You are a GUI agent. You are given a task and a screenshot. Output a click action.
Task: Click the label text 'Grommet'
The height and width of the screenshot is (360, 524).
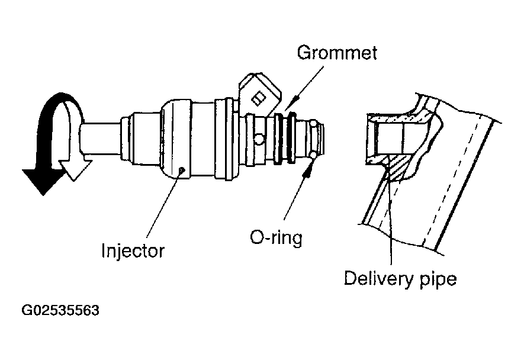coord(336,53)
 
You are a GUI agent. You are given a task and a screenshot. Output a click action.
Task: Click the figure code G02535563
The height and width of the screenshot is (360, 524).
coord(60,311)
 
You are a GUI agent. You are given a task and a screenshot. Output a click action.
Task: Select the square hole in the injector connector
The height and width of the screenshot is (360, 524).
coord(259,96)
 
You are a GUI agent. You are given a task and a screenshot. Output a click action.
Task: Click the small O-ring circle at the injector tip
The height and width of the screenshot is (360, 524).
coord(312,156)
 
